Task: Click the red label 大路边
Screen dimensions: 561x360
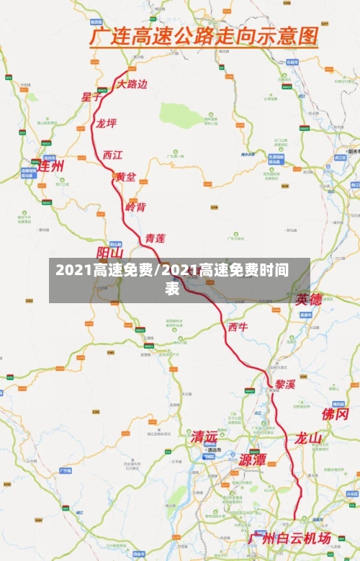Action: point(132,84)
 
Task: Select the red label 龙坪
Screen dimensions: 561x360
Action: point(106,123)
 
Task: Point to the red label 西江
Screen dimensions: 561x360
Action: point(112,154)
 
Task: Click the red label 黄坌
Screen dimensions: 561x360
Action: point(126,176)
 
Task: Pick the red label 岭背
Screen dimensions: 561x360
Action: point(135,207)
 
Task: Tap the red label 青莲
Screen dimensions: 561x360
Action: point(155,238)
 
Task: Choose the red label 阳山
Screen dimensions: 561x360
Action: point(110,253)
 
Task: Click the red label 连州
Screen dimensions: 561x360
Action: point(51,166)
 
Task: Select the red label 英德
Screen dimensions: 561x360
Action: point(310,299)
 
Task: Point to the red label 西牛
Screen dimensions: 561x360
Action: point(238,327)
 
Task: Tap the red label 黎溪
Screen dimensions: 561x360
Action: point(285,384)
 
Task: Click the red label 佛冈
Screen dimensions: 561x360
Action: point(336,414)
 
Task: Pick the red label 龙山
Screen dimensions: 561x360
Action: point(308,438)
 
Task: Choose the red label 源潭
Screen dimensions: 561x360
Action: point(253,459)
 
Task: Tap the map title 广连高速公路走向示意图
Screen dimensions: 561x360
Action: point(203,35)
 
